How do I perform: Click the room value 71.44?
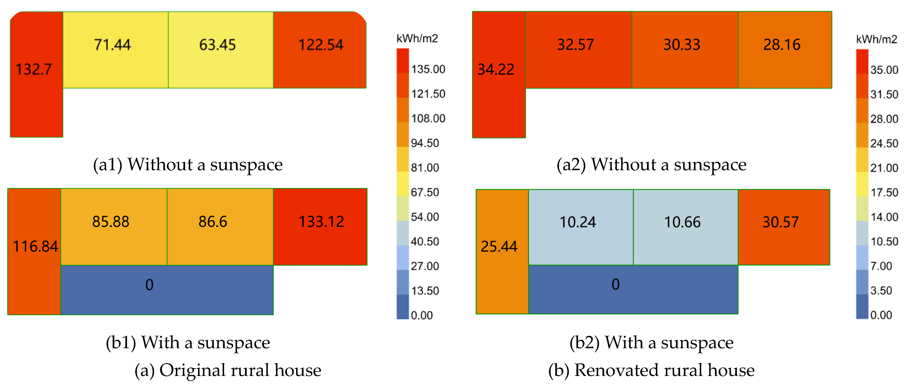pos(112,45)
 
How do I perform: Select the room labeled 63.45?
pos(217,45)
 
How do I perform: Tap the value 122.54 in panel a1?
pos(320,45)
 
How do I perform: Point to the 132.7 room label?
pos(33,69)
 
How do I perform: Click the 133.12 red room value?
pos(321,222)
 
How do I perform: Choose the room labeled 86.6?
pos(213,222)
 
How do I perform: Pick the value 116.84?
pos(35,246)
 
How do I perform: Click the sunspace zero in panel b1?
pos(149,285)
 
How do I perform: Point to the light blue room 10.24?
pos(577,222)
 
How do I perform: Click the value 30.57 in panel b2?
pos(780,222)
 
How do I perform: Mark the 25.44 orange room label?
pos(499,246)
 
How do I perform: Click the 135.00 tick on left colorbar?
pos(428,69)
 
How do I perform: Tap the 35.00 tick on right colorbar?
pos(884,70)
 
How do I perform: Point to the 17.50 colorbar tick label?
pos(884,192)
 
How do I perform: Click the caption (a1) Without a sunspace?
pos(188,164)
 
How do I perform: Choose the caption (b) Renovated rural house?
pos(651,370)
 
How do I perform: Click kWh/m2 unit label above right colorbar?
pos(876,39)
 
